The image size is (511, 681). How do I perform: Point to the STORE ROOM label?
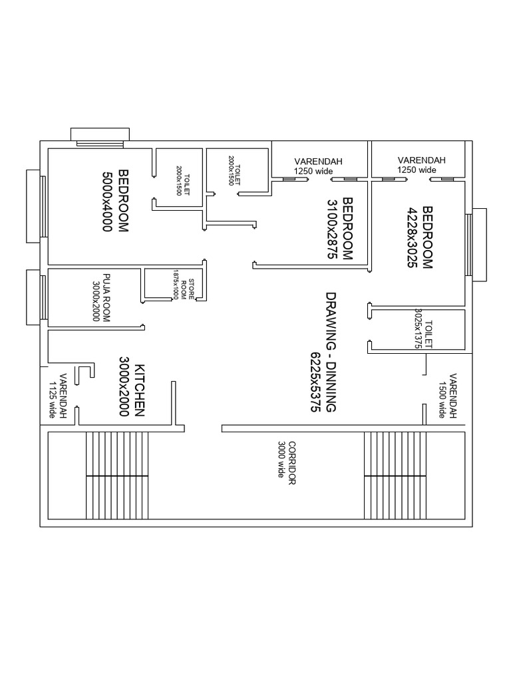tap(190, 285)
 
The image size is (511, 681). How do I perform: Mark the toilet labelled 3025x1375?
tap(424, 330)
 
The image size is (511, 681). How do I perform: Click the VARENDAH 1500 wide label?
tap(446, 396)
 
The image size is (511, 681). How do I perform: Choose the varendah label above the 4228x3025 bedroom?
tap(421, 165)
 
